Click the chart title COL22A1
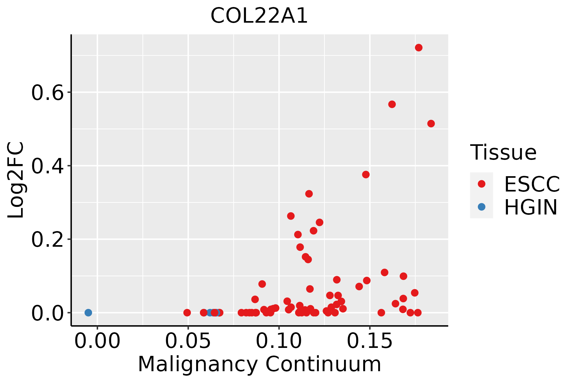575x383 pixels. click(259, 16)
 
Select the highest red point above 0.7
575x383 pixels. click(418, 48)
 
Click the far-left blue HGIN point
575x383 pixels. click(88, 312)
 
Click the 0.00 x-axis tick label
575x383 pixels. click(97, 341)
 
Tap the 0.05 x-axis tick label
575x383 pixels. click(188, 341)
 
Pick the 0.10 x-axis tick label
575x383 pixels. click(279, 341)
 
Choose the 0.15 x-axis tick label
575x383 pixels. click(370, 341)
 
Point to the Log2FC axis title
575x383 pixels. click(16, 180)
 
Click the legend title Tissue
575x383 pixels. click(503, 152)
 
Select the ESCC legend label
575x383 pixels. click(532, 184)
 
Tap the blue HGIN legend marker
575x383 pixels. click(481, 207)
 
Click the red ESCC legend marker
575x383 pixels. click(481, 184)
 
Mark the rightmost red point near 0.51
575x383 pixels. click(431, 124)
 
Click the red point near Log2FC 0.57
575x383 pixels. click(392, 104)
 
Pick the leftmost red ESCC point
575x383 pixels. click(187, 312)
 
